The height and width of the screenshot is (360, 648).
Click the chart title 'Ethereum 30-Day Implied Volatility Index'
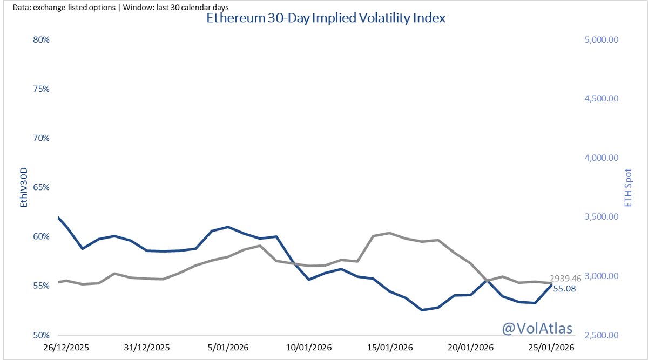click(x=326, y=18)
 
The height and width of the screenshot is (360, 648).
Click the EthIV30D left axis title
click(x=23, y=187)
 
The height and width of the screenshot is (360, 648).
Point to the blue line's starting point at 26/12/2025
click(x=57, y=217)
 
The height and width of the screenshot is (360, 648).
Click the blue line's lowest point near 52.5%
click(x=421, y=310)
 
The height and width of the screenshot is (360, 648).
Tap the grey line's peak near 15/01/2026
click(x=389, y=233)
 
